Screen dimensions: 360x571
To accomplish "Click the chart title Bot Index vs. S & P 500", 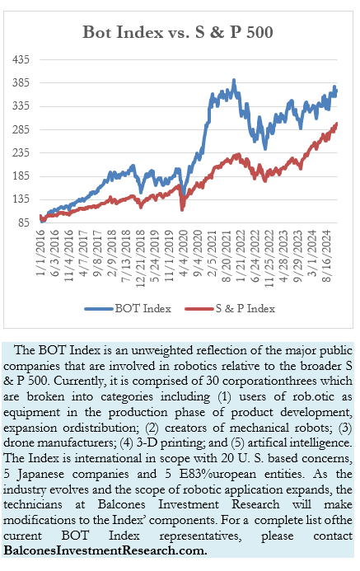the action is (178, 32).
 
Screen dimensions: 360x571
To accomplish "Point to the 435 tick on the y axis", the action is (21, 59).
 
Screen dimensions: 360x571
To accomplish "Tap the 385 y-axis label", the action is (21, 82).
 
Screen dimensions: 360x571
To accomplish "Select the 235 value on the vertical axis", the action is (21, 152).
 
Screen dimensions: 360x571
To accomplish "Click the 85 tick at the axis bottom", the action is (23, 222).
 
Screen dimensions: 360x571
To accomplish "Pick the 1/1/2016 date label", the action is (40, 252).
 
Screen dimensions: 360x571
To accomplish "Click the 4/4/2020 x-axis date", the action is (184, 252).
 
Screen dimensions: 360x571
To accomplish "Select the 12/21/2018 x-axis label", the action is (141, 258).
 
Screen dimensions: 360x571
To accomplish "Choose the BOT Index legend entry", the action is (128, 309).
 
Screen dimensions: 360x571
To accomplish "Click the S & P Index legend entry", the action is (230, 309).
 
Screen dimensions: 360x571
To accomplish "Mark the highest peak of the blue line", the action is (234, 80).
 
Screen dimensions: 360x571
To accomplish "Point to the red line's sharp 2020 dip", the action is (182, 209).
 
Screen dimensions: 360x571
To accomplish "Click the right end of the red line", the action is (336, 124).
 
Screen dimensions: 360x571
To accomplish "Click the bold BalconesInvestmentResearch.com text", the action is (105, 550).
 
